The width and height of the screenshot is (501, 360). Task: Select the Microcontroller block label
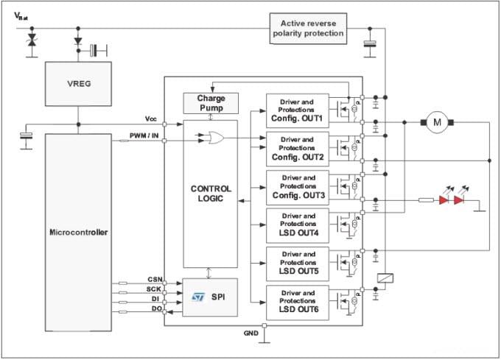point(77,233)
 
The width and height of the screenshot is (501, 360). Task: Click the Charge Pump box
point(210,103)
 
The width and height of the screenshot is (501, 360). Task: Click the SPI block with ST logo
point(210,296)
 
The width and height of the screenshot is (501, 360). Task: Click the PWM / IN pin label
point(145,135)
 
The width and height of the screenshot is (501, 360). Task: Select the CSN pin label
point(154,279)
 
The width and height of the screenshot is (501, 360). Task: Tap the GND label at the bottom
point(251,333)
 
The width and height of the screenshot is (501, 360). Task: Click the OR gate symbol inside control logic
point(217,136)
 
